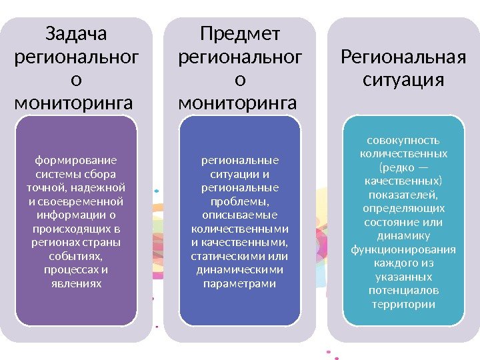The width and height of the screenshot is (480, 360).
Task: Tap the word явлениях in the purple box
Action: coord(75,283)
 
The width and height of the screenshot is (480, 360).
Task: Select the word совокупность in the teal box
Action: coord(403,141)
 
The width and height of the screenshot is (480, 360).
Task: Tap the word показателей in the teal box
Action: coord(403,195)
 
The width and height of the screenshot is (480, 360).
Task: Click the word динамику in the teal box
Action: coord(403,235)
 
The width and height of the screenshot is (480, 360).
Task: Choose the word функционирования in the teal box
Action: coord(403,249)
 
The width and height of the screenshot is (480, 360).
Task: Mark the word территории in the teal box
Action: coord(403,304)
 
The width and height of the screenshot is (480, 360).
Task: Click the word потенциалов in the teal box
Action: coord(403,291)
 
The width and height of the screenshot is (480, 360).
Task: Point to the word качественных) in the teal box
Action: coord(403,181)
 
